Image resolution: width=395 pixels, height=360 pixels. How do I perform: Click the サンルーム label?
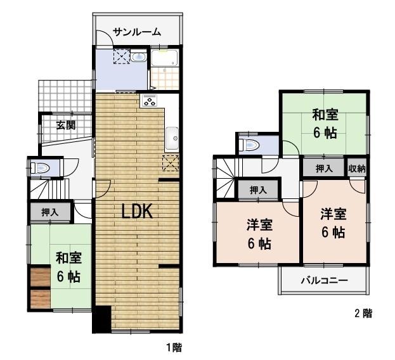pos(137,32)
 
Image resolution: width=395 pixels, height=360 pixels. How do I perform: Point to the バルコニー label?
pos(323,280)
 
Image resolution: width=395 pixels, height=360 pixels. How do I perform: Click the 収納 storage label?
pos(358,168)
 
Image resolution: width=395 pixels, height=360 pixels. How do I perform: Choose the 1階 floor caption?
pos(174,347)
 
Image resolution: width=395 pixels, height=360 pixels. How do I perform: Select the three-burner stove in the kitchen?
pos(150,100)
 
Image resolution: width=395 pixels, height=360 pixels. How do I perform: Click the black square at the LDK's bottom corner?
pos(102,319)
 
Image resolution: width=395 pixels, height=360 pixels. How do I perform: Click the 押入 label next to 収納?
pos(324,168)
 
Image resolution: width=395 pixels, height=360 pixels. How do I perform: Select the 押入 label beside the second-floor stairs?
pos(257,190)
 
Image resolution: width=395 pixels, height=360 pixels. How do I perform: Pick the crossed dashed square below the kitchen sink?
pos(170,163)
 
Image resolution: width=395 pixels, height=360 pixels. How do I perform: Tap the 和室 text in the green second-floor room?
pos(325,115)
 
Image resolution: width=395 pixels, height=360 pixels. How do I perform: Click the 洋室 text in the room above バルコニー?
pos(332,214)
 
